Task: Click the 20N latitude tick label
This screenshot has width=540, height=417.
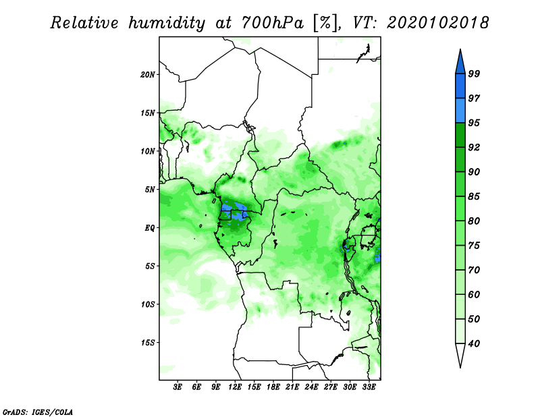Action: [x=148, y=75]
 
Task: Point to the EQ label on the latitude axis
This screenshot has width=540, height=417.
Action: [x=150, y=228]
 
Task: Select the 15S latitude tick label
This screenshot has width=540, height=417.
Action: [x=148, y=343]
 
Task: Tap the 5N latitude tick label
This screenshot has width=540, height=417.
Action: [x=150, y=190]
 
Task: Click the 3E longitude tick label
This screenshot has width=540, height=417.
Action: [x=178, y=387]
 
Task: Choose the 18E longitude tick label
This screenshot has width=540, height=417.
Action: [x=273, y=387]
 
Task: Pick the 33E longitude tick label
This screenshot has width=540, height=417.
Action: [x=369, y=387]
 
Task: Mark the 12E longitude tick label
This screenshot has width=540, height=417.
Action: [x=235, y=387]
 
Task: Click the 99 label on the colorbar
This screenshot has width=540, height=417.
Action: [x=474, y=74]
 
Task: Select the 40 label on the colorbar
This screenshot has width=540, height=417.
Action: [x=474, y=343]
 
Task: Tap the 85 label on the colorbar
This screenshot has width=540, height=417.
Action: [x=474, y=196]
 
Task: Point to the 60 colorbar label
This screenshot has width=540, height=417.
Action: [x=474, y=295]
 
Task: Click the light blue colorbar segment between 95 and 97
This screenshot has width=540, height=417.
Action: [x=460, y=111]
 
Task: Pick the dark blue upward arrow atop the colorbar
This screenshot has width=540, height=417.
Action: [x=460, y=63]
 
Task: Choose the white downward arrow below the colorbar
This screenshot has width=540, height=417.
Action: [x=460, y=354]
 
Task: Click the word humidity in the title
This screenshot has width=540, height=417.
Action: [x=167, y=23]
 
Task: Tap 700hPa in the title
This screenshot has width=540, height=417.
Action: [x=273, y=23]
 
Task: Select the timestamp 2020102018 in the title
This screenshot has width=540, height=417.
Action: [x=437, y=23]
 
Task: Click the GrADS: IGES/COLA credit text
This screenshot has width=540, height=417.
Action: [x=38, y=412]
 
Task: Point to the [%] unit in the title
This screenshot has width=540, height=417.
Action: [x=325, y=23]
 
